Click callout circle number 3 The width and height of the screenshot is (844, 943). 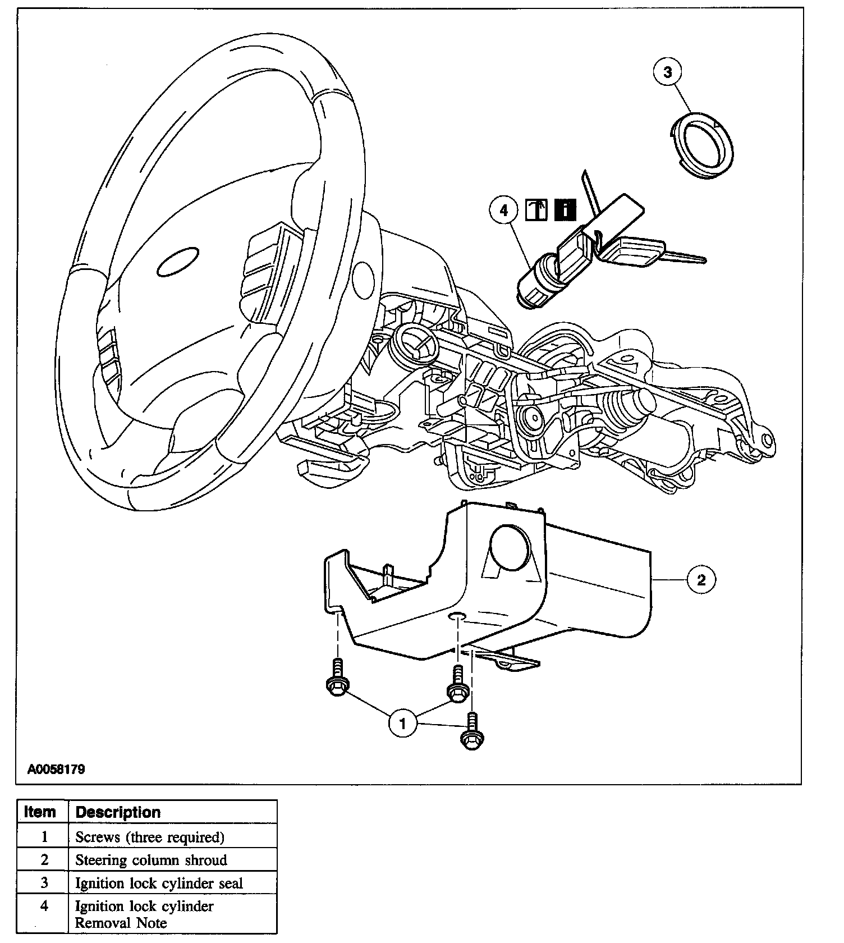[667, 72]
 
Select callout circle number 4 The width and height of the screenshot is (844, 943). [503, 210]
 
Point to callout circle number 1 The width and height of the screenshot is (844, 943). [402, 724]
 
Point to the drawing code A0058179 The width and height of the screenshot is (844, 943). [57, 769]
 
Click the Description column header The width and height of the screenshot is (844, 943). [118, 812]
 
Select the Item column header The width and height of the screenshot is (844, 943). [40, 812]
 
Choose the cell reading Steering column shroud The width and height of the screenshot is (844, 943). [151, 860]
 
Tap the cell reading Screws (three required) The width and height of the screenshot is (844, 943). [150, 837]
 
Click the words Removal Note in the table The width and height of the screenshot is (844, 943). [121, 922]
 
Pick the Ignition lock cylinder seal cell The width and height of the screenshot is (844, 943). [159, 883]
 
